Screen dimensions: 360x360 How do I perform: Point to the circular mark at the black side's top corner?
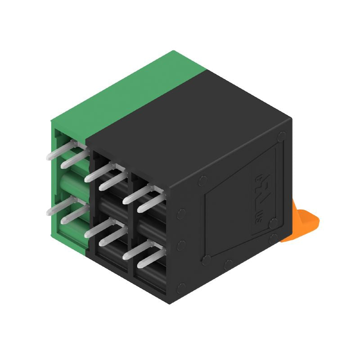tap(282, 135)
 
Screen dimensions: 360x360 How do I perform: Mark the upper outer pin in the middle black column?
tap(99, 173)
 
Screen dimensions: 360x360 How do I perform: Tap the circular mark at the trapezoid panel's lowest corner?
tap(207, 260)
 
